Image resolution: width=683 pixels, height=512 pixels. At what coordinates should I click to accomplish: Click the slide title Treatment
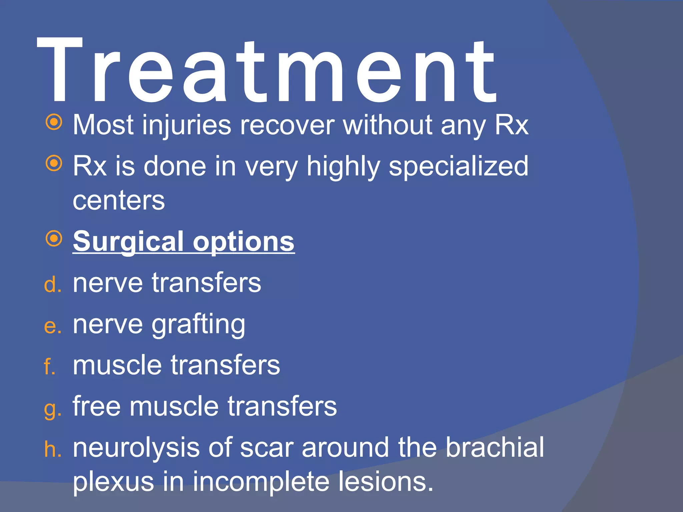click(x=267, y=72)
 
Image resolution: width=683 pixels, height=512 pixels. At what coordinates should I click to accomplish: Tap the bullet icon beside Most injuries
click(x=54, y=122)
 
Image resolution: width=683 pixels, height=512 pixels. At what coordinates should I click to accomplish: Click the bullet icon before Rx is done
click(x=54, y=163)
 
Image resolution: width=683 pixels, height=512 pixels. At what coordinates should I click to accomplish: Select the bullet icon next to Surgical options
click(x=54, y=239)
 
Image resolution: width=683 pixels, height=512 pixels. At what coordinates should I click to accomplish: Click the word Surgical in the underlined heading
click(x=128, y=242)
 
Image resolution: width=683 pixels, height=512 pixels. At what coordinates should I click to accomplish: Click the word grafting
click(x=198, y=325)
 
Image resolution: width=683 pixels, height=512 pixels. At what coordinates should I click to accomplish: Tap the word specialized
click(x=459, y=167)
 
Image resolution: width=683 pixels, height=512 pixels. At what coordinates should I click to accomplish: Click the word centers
click(x=119, y=201)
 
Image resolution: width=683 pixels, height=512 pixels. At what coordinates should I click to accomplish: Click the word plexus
click(x=113, y=482)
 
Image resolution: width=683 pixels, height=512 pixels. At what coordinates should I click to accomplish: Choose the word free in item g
click(x=97, y=406)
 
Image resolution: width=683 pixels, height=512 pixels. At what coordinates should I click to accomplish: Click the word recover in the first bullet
click(x=287, y=125)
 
